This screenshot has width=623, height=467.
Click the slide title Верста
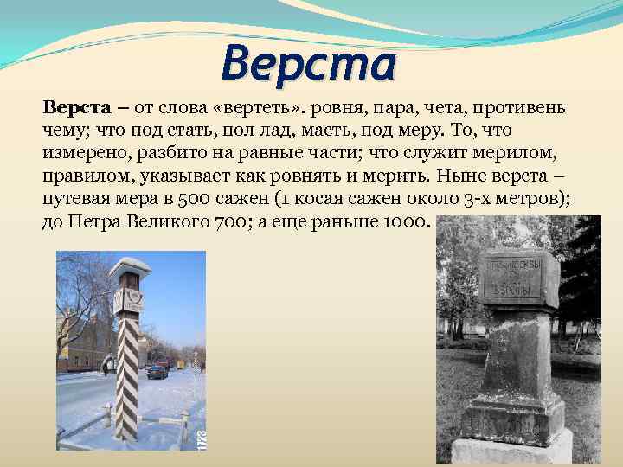pos(309,63)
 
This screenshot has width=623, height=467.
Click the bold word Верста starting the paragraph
pos(76,108)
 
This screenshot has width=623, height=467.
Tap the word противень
pos(527,108)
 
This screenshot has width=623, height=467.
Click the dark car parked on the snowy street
pos(157,372)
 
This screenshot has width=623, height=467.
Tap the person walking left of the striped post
pos(106,366)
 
